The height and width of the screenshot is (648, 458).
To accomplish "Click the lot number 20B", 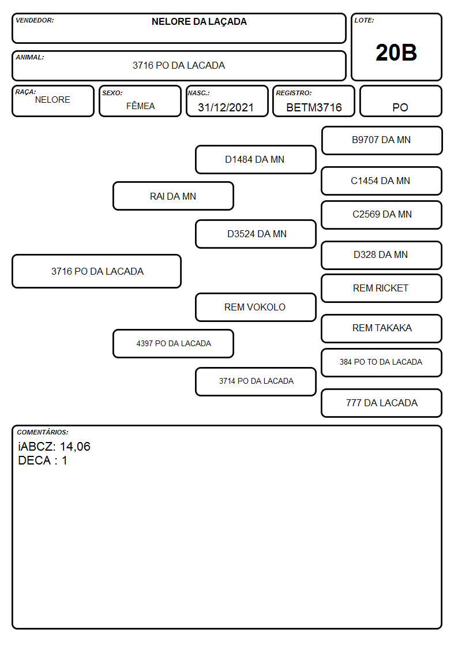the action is click(396, 53).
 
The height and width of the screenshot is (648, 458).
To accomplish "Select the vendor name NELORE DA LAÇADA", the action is click(199, 22).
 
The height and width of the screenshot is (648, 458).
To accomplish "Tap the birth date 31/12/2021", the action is click(226, 107).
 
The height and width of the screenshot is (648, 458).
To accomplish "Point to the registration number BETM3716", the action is click(314, 107).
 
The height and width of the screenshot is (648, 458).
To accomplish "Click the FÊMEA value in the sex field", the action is click(140, 106).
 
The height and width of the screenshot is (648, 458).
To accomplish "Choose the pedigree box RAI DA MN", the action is click(173, 196).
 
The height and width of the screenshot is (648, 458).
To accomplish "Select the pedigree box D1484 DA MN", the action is click(256, 159).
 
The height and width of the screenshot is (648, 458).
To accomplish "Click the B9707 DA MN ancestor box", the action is click(382, 141).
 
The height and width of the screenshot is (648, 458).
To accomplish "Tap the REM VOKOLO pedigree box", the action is click(256, 308).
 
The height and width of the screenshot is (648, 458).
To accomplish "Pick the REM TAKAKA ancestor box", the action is click(382, 328).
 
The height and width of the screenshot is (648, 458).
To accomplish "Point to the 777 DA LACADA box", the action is click(382, 403).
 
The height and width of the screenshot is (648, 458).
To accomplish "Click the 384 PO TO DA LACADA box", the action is click(382, 363).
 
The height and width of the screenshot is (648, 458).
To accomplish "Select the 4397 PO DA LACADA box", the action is click(173, 344).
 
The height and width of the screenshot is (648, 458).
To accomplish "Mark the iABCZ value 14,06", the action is click(75, 447).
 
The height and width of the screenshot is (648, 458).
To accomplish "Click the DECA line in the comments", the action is click(43, 461).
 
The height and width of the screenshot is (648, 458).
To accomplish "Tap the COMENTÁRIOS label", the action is click(43, 432).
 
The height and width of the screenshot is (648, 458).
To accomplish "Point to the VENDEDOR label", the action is click(35, 20).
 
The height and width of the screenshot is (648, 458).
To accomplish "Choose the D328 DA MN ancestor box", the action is click(382, 256).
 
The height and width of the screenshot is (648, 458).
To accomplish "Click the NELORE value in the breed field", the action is click(52, 100).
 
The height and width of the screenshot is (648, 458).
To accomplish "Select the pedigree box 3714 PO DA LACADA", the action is click(256, 381).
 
